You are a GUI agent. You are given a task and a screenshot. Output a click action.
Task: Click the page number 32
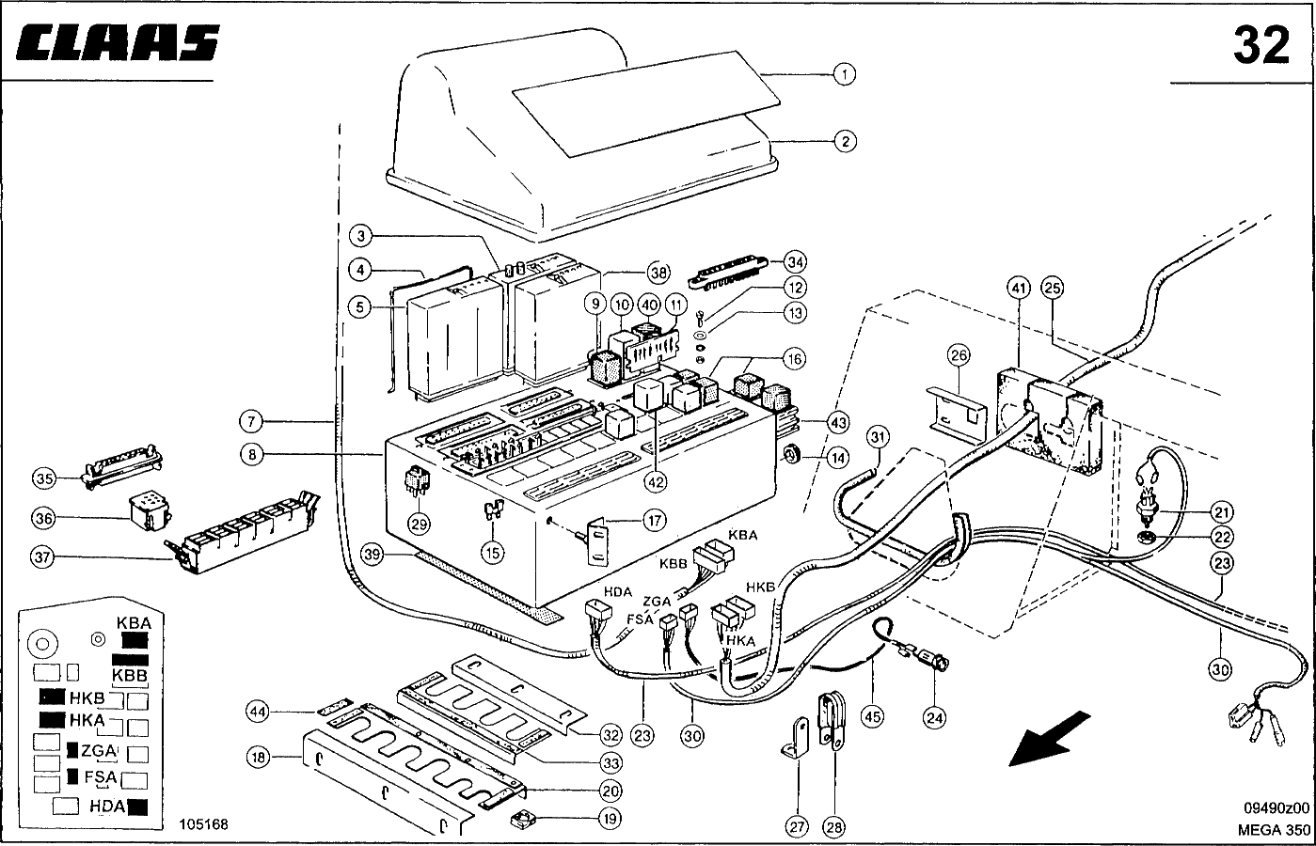(x=1261, y=45)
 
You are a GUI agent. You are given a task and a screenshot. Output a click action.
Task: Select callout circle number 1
(x=844, y=74)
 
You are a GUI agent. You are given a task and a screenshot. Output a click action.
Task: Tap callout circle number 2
(x=844, y=142)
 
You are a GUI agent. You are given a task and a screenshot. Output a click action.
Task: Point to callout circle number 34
(x=796, y=260)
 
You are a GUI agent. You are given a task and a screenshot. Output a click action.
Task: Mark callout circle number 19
(x=610, y=819)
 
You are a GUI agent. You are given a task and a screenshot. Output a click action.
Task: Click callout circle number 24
(x=934, y=718)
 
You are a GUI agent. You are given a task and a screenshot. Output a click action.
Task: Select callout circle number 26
(x=958, y=356)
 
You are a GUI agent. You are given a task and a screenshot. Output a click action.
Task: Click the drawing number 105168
(x=203, y=824)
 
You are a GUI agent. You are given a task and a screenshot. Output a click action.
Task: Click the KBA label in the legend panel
(x=133, y=622)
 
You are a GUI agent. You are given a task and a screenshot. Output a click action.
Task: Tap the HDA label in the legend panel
(x=108, y=806)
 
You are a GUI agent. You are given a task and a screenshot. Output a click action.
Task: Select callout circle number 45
(x=873, y=718)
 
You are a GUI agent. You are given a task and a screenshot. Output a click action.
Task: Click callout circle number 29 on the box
(x=418, y=524)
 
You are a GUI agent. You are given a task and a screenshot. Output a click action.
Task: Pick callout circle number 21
(x=1222, y=512)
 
